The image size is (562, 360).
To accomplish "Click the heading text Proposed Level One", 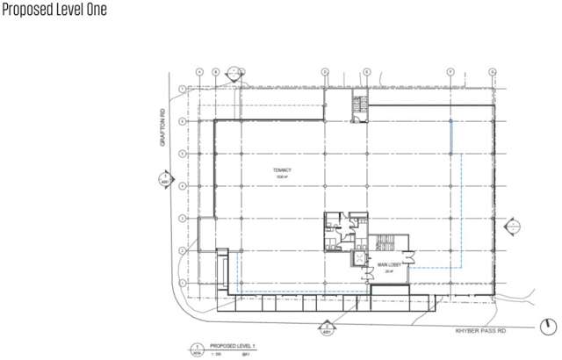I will click(54, 11).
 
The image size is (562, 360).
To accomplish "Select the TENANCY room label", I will click(281, 170).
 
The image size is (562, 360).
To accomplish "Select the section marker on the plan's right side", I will click(509, 227).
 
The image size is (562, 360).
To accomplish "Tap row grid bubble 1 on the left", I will click(181, 89).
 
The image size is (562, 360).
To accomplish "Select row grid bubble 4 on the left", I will click(181, 186).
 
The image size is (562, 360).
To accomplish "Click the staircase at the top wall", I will click(358, 104).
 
